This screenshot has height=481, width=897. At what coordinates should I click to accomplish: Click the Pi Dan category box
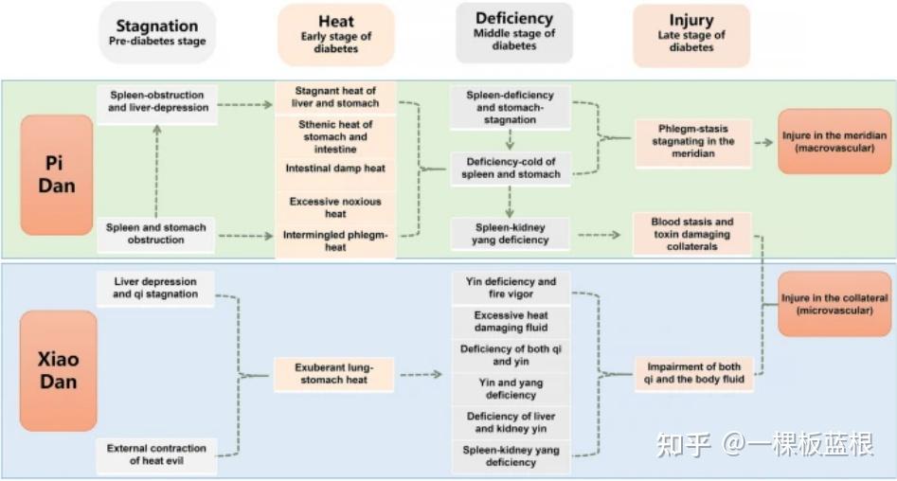click(x=57, y=175)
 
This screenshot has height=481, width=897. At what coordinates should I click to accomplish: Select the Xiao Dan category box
click(x=59, y=370)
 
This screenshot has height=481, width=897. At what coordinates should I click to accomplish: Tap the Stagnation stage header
click(x=157, y=32)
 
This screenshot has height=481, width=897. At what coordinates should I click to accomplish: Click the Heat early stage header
click(x=336, y=34)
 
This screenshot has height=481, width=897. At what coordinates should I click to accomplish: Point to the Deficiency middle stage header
click(x=514, y=32)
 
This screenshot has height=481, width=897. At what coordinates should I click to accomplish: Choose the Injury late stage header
click(x=691, y=34)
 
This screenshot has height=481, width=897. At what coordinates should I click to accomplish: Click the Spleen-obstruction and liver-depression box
click(x=157, y=103)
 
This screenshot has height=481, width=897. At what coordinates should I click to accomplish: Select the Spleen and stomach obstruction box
click(x=155, y=234)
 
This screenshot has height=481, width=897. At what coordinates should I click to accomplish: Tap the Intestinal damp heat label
click(x=336, y=169)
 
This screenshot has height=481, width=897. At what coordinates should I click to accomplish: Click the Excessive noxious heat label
click(x=336, y=207)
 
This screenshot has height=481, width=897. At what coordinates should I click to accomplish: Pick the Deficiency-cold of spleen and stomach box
click(x=511, y=169)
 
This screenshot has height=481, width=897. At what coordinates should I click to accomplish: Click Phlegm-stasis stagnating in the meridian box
click(x=693, y=142)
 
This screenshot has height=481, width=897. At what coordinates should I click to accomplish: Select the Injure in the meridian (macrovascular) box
click(x=834, y=141)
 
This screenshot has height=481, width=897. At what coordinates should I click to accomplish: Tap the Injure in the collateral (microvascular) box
click(x=834, y=304)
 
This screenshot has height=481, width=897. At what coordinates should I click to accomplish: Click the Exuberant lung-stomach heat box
click(x=334, y=374)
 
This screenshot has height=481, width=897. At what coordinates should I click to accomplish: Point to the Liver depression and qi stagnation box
click(x=155, y=288)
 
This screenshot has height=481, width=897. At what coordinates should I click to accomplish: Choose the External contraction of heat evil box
click(x=156, y=455)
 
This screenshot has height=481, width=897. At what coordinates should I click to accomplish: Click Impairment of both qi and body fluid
click(x=694, y=373)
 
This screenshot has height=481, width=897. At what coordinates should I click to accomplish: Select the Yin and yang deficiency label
click(x=511, y=389)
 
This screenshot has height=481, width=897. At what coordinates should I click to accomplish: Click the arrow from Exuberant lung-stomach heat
click(x=422, y=375)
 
